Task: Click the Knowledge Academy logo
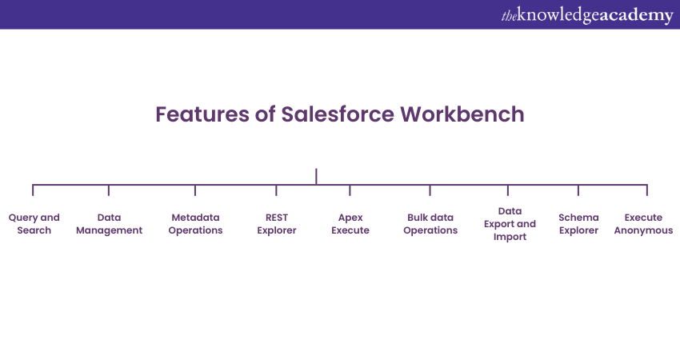587,15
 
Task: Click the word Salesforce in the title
338,114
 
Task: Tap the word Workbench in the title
462,114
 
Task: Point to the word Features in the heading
202,114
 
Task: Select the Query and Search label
34,224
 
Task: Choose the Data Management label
109,224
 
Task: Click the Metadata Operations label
195,224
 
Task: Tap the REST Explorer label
276,224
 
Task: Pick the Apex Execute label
350,224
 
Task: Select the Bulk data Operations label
430,224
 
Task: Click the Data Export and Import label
510,224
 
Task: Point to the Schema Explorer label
578,224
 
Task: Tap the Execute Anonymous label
643,224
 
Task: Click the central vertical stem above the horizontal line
316,176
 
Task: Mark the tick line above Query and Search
33,190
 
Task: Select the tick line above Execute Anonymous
646,190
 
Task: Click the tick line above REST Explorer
276,190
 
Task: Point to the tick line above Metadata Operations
195,190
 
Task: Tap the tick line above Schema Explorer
578,190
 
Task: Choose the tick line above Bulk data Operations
430,190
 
